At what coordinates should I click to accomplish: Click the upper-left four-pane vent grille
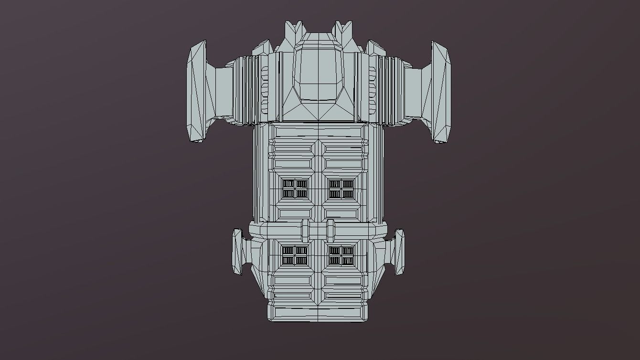tap(295, 189)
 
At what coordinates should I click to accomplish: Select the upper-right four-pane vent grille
tap(341, 189)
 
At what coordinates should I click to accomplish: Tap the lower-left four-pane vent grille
tap(294, 255)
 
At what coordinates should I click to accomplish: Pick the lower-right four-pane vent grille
tap(341, 255)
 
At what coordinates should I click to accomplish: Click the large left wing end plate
tap(196, 92)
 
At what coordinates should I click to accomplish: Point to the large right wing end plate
tap(440, 92)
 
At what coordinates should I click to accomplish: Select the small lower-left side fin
tap(237, 252)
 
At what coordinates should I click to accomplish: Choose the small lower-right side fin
tap(399, 252)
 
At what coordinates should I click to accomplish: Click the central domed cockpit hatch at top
tap(319, 72)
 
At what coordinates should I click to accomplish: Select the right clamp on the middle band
tap(331, 231)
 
